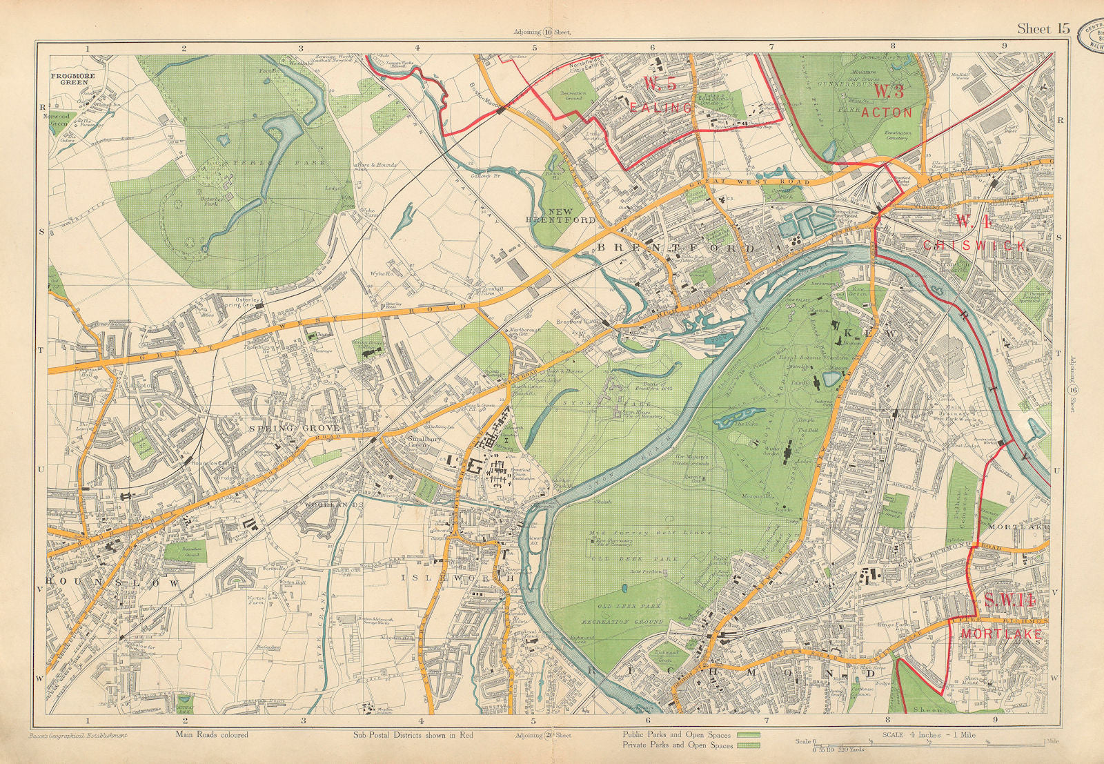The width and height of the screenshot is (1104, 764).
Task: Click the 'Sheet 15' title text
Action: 1043,28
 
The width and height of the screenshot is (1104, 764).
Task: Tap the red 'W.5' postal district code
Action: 660,84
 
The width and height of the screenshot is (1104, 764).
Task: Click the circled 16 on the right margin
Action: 1073,391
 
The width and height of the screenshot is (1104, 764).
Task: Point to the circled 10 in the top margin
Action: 547,31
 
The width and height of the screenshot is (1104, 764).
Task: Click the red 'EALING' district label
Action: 660,108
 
